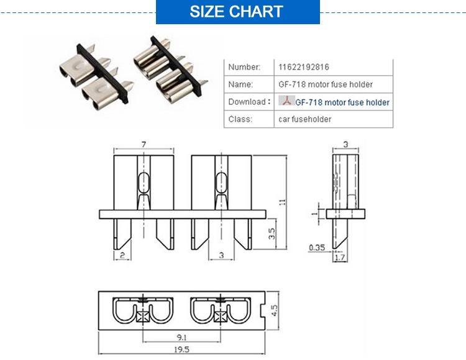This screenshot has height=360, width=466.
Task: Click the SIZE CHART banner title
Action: pos(236,12)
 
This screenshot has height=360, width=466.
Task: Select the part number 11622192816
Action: pos(304,67)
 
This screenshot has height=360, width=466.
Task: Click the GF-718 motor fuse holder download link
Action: pos(342,102)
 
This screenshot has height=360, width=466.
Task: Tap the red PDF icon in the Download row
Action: pos(286,101)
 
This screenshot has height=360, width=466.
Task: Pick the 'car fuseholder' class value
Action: pos(304,119)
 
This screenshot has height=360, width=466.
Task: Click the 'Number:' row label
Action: pos(244,67)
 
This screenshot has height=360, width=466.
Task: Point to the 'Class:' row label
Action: pos(240,119)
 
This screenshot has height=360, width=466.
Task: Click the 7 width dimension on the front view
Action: pos(144,144)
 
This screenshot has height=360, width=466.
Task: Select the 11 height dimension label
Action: pos(282,202)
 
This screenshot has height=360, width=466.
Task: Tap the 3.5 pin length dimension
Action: pos(272,233)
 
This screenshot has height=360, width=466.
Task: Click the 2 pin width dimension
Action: pos(122,255)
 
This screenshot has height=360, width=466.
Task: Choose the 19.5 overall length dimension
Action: pos(181,349)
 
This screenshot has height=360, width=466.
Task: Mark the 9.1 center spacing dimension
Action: pos(181,338)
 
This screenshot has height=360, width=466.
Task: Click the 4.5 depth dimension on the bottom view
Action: pos(274,310)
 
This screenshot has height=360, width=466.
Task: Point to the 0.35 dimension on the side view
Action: pos(317,247)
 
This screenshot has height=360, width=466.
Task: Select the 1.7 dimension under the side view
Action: pos(340,258)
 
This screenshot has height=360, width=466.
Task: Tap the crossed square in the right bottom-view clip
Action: pos(220,317)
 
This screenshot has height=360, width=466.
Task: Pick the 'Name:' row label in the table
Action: pos(240,84)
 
